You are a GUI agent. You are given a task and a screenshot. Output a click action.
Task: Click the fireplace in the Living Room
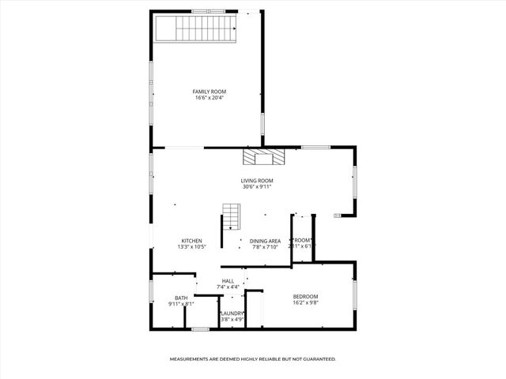click(261, 157)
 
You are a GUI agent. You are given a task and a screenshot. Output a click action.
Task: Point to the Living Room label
click(257, 181)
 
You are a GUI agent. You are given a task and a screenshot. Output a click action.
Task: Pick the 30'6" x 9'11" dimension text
click(257, 188)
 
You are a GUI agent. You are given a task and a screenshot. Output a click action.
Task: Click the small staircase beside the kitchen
click(230, 216)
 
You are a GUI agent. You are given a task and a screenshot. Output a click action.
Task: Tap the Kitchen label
click(191, 241)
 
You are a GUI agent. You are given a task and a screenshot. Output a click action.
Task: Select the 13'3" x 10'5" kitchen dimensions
click(191, 247)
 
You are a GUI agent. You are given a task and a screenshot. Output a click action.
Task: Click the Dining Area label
click(265, 241)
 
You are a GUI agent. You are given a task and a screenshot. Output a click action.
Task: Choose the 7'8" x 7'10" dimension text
click(265, 247)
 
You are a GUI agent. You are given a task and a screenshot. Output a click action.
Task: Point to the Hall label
click(228, 280)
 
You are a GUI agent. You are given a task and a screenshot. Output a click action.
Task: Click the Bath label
click(181, 298)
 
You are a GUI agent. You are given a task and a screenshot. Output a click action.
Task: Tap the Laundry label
click(232, 313)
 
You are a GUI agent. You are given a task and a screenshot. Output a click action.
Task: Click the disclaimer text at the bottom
click(253, 359)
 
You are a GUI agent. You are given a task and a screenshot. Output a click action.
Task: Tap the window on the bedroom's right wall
click(354, 292)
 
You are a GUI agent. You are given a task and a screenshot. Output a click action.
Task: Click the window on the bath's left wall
click(152, 291)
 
